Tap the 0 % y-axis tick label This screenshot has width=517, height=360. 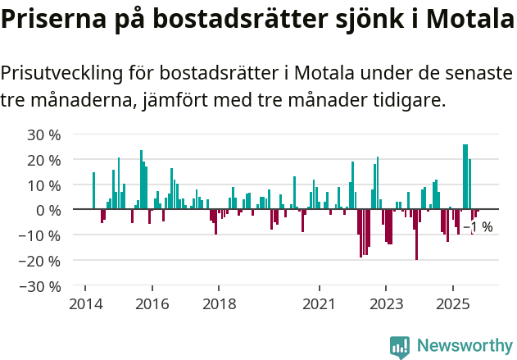48,211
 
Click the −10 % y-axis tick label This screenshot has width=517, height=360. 41,236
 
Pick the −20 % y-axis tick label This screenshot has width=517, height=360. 41,262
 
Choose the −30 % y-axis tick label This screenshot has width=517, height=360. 41,287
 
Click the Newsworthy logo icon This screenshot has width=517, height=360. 400,346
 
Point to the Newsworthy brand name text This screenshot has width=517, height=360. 465,346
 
